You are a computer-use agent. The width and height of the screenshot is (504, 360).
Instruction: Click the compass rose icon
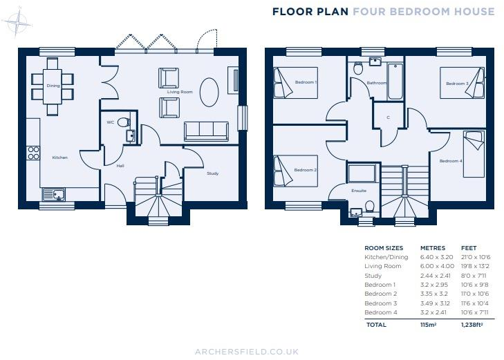coord(17,23)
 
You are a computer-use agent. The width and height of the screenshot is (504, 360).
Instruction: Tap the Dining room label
coord(53,86)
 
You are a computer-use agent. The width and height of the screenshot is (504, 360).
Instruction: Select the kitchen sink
coord(53,194)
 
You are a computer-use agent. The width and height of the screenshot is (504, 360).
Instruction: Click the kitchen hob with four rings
coord(32,152)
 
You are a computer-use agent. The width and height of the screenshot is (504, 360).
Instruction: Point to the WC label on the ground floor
coord(110,122)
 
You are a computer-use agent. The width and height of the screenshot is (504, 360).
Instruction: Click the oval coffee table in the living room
coord(209,90)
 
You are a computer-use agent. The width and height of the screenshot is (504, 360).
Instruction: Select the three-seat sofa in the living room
coord(205,130)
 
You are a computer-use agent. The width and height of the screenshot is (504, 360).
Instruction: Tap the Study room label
coord(212,173)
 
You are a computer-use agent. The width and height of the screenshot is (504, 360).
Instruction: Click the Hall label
coord(120,166)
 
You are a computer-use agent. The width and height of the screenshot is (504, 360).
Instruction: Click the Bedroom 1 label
coord(306,82)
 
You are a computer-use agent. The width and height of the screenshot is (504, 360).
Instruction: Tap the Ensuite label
coord(359,190)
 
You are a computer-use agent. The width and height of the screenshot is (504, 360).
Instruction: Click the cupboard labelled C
coord(388,117)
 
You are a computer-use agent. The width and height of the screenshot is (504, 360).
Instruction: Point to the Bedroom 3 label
coord(456,84)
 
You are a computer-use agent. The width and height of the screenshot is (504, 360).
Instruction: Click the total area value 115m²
coord(429,323)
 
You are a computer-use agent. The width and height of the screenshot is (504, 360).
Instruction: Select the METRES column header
coord(433,247)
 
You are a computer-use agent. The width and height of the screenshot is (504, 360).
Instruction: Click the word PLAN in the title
coord(335,11)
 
